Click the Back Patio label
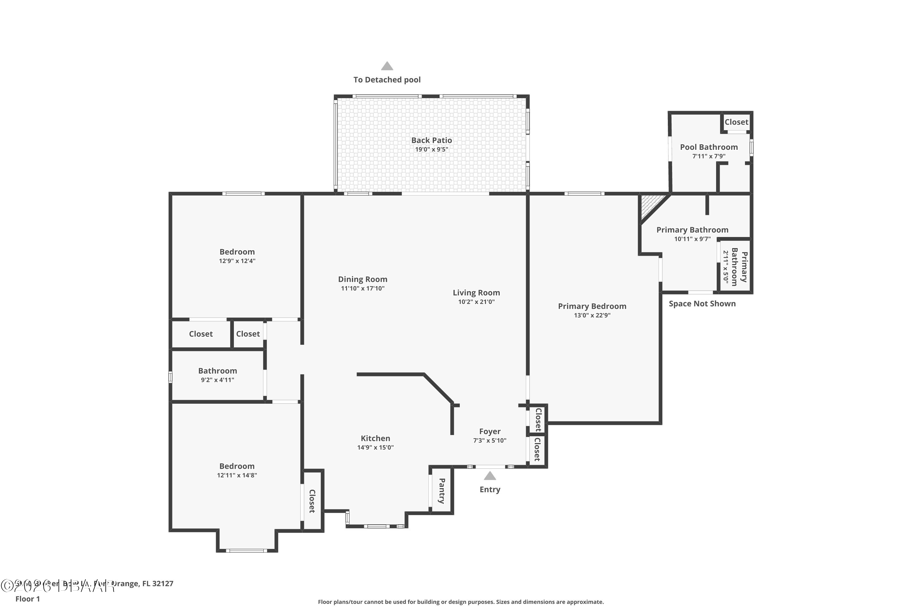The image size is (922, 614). [431, 140]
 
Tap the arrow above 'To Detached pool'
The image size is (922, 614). [387, 66]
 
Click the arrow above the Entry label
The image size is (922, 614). [490, 476]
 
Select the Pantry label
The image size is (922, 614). [442, 491]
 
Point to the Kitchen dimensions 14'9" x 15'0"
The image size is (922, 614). [375, 448]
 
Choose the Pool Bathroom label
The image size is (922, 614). [708, 147]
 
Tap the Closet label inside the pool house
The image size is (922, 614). [736, 122]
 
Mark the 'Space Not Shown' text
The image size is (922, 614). [702, 304]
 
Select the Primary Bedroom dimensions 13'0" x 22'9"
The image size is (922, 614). [592, 315]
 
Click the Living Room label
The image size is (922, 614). [476, 293]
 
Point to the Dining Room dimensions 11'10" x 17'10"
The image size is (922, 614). [363, 289]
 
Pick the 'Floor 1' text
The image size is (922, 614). [27, 599]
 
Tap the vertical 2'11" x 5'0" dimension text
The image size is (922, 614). [726, 267]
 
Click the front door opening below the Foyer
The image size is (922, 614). [490, 467]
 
